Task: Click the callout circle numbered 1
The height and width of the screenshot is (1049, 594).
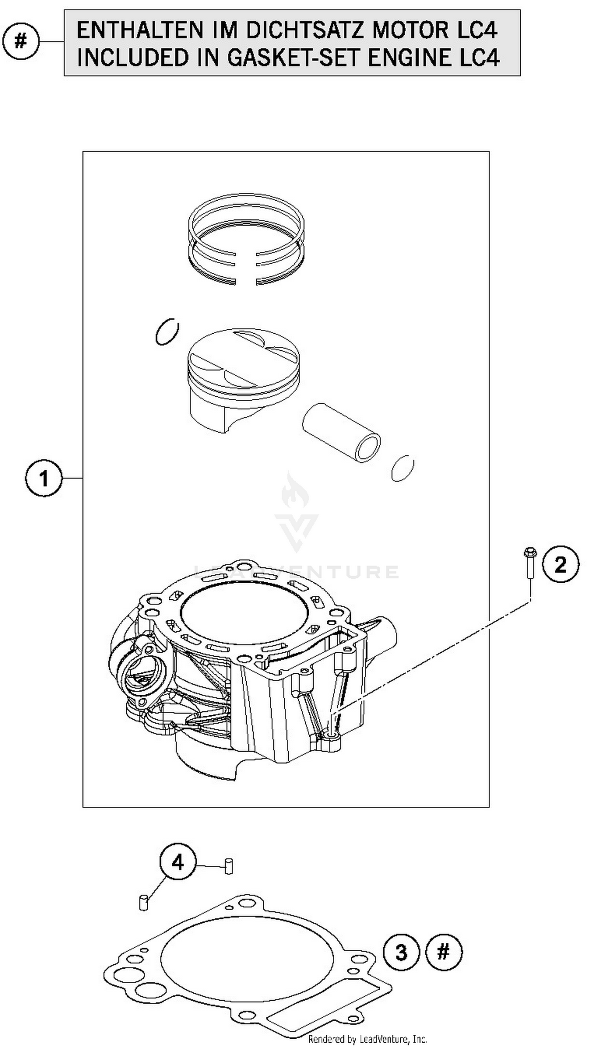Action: point(44,478)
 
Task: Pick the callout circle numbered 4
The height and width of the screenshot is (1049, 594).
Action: point(178,863)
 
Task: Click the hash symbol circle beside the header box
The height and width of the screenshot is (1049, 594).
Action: point(21,42)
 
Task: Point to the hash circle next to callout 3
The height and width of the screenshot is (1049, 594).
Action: point(444,953)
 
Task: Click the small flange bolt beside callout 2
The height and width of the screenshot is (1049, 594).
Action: point(529,563)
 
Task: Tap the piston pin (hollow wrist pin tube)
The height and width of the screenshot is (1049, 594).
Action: point(342,433)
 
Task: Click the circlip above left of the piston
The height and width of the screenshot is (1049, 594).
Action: point(167,331)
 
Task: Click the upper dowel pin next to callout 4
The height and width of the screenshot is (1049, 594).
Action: point(229,866)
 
